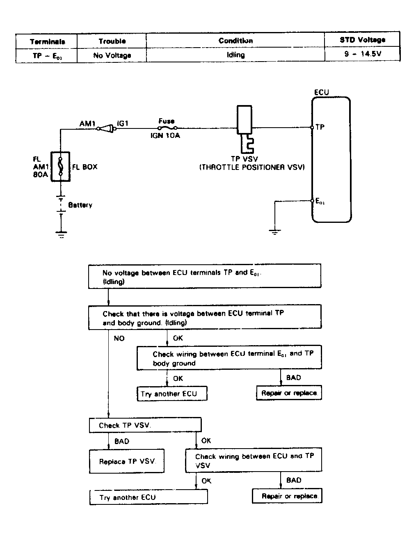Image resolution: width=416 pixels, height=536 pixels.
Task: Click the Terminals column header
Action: click(47, 41)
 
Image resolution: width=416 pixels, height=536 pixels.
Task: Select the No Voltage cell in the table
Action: click(112, 55)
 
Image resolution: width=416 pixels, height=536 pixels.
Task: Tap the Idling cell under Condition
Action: click(235, 55)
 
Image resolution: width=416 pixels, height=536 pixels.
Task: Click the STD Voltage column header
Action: click(362, 40)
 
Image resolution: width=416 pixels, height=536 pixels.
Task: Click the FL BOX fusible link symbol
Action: click(61, 166)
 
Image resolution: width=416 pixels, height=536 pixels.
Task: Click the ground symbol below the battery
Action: click(61, 235)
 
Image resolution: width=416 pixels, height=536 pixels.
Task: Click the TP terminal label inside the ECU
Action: click(320, 127)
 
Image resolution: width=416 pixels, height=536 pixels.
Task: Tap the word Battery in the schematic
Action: click(80, 205)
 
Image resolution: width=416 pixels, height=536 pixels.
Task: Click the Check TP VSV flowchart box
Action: click(145, 425)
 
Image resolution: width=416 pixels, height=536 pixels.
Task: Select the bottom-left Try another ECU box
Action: click(149, 497)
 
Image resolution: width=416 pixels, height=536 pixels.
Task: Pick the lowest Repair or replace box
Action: click(287, 496)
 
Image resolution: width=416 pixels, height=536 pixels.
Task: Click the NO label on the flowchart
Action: click(119, 339)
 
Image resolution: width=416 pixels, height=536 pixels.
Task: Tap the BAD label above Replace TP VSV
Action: click(122, 441)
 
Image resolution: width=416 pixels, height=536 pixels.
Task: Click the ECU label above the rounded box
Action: click(321, 92)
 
